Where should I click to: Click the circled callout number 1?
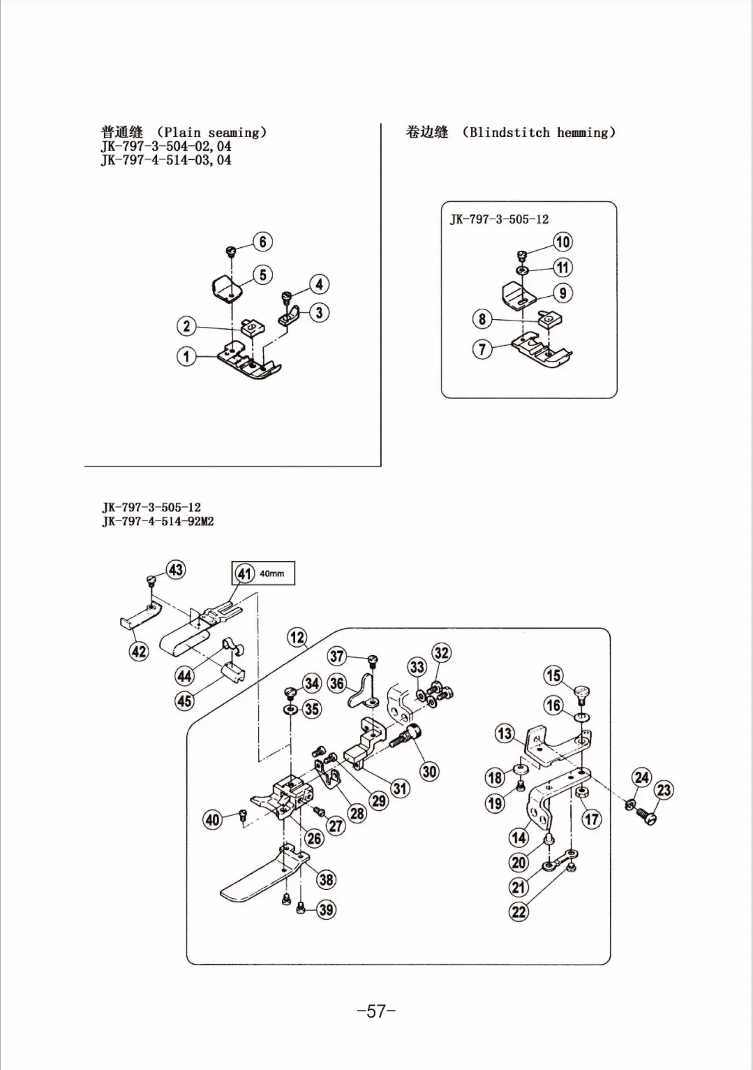(x=186, y=356)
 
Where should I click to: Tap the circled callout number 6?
(x=262, y=242)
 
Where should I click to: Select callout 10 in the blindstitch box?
(x=562, y=242)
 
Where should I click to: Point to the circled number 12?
(x=297, y=637)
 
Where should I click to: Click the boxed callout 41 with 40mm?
(x=263, y=573)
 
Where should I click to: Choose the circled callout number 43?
(x=175, y=569)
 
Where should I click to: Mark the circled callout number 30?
(x=429, y=771)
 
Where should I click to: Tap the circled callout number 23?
(x=664, y=790)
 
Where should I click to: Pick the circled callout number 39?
(x=326, y=909)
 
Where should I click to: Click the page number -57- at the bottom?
(x=376, y=1011)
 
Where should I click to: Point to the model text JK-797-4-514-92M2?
(x=158, y=522)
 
